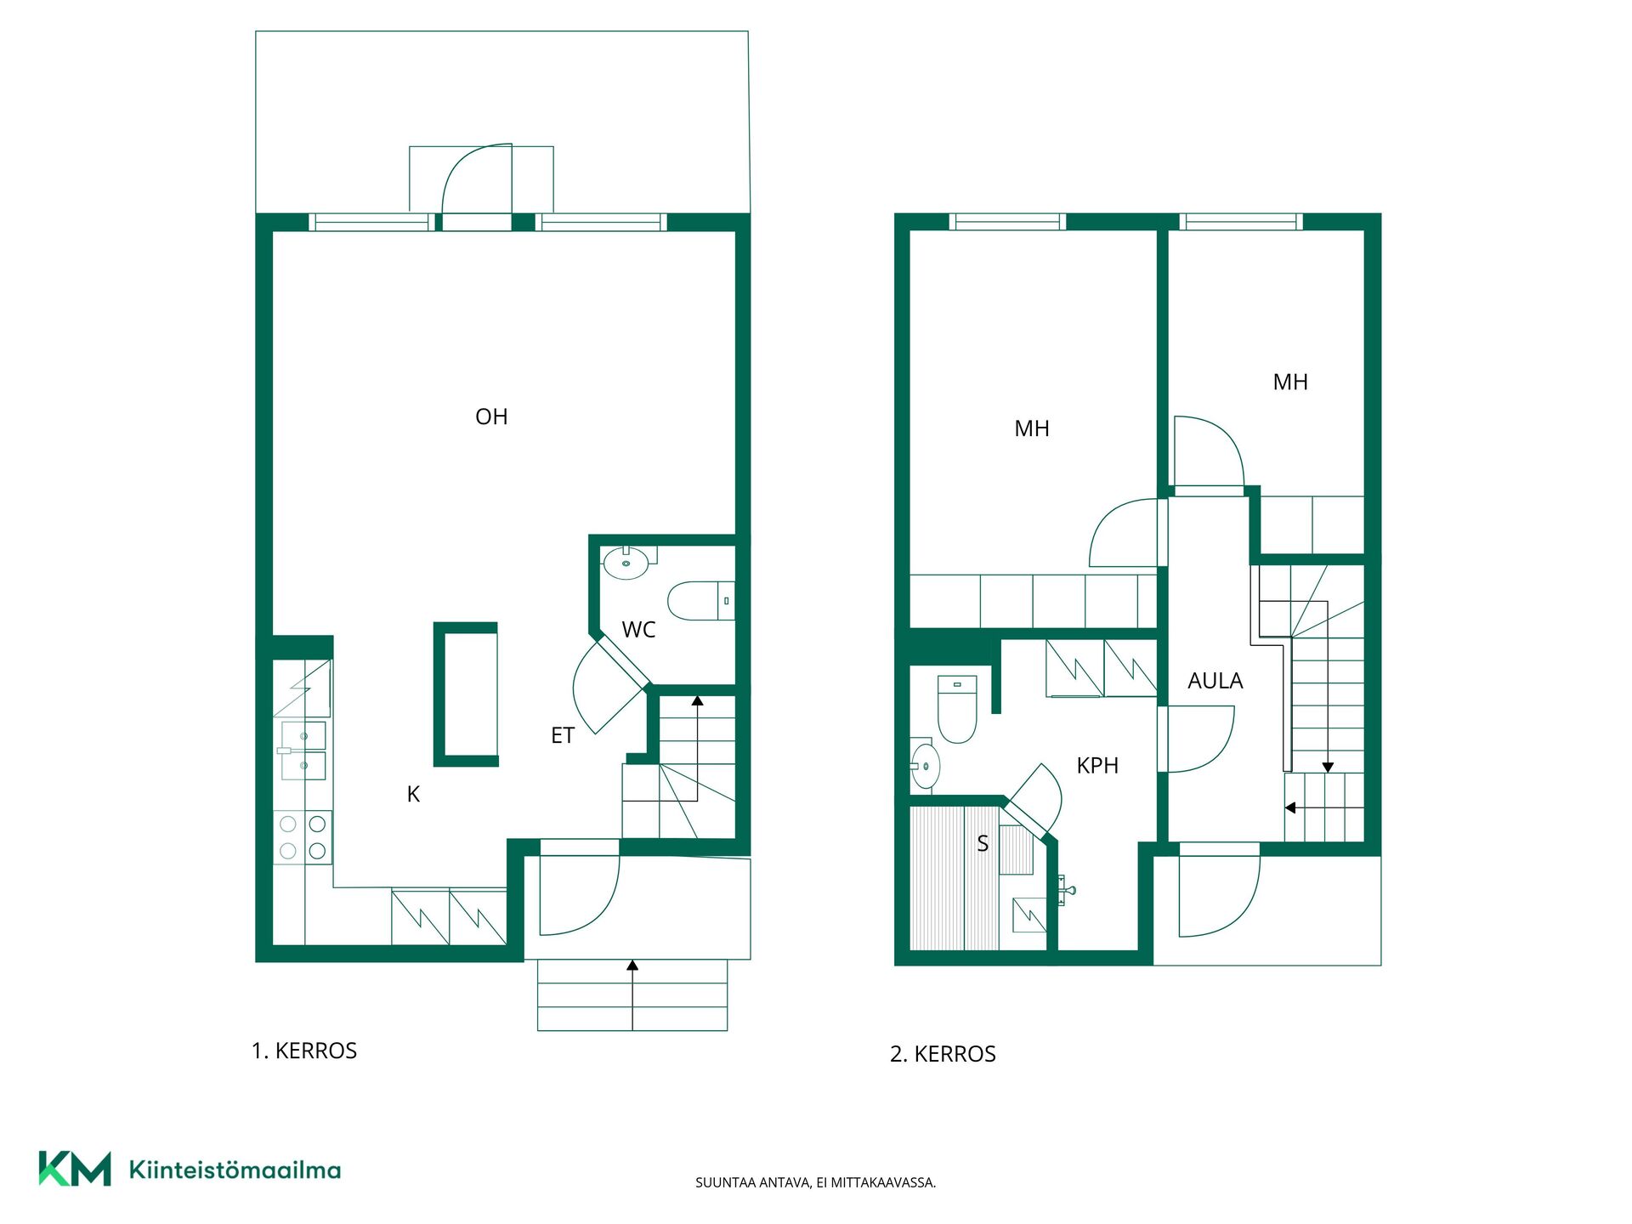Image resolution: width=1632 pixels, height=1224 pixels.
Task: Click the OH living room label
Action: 491,416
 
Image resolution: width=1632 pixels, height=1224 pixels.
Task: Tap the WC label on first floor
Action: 638,630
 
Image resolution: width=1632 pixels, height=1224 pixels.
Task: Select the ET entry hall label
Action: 563,735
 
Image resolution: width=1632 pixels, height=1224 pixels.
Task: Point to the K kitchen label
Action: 413,794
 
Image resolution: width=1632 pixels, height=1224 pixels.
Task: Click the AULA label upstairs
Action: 1215,681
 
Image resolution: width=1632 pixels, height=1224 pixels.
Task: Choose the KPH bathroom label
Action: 1097,766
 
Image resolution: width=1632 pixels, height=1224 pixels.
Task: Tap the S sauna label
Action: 983,843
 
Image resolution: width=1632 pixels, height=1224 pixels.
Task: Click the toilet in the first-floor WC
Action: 701,601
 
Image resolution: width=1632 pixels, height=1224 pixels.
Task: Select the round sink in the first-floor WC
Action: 626,563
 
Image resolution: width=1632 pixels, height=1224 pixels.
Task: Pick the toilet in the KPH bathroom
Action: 957,709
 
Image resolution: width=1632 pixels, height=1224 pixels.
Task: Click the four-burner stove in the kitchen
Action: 303,837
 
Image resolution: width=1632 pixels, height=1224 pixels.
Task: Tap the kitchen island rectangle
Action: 466,694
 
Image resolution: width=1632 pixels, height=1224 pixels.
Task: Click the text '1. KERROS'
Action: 304,1051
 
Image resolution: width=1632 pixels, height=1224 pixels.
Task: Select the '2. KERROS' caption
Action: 943,1054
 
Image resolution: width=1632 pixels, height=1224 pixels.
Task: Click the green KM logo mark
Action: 75,1169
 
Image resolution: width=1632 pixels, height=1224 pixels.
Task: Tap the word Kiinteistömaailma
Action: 235,1170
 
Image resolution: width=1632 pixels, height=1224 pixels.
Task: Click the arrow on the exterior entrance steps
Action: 632,994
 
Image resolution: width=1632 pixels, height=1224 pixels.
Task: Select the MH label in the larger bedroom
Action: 1032,428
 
